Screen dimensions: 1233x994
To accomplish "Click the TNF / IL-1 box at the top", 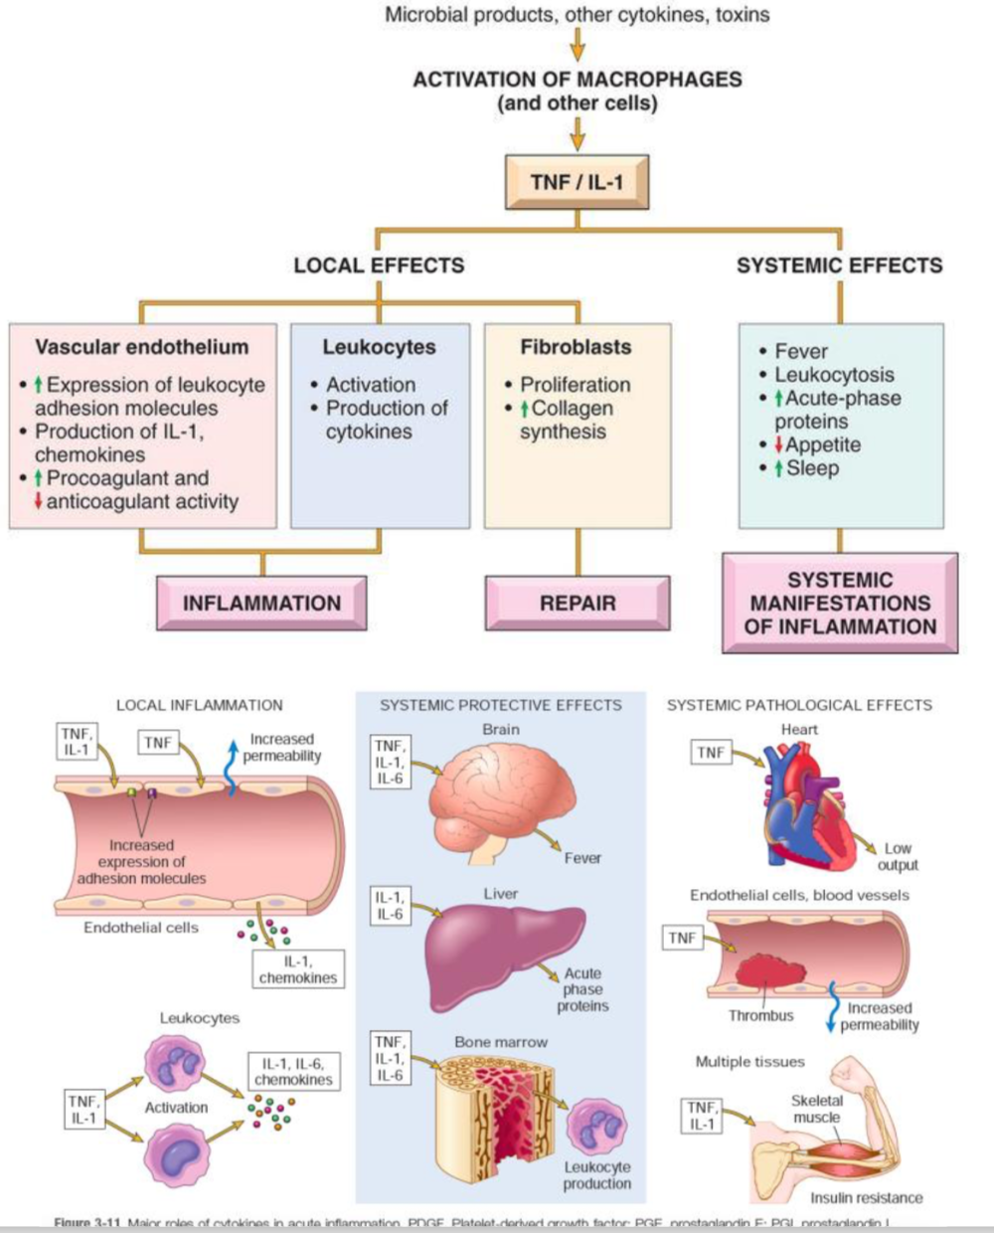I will point(577,182).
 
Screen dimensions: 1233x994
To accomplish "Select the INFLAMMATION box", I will point(261,603).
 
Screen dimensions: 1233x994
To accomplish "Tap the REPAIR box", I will point(578,603).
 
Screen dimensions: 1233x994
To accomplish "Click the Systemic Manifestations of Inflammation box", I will point(840,603).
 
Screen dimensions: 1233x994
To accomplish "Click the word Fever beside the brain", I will point(582,858).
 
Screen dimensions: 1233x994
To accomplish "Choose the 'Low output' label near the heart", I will point(898,856).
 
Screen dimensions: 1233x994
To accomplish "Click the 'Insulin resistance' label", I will point(866,1198).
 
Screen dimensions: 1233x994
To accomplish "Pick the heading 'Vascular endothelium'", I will point(142,347).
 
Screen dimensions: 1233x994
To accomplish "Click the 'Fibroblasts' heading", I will point(576,347).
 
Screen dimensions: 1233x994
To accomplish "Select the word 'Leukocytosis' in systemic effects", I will point(834,375).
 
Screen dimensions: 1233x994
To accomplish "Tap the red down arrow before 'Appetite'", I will point(779,445).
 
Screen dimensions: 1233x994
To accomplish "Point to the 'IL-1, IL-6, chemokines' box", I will point(293,1072).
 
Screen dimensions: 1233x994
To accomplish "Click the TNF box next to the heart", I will point(711,753).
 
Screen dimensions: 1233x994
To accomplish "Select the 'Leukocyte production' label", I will point(596,1175).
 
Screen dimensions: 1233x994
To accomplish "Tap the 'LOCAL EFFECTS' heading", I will point(379,265).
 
